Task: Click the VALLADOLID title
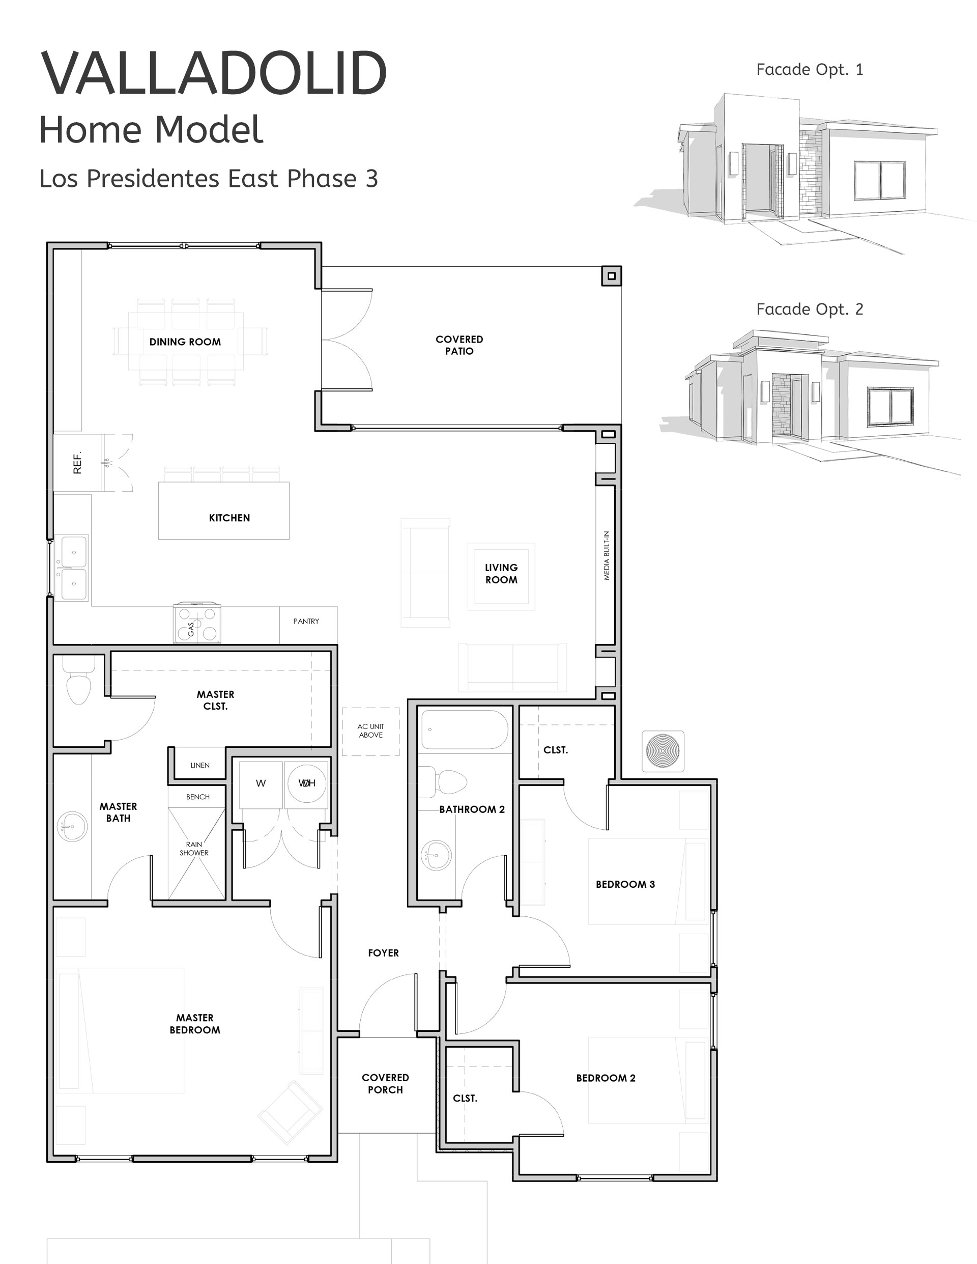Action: pos(213,73)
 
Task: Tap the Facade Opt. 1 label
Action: pos(809,69)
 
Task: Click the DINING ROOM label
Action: pos(185,342)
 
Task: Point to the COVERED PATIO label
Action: pos(459,345)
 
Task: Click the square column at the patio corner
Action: pos(612,276)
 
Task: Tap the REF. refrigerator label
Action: pos(77,462)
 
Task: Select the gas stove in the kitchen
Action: pos(197,623)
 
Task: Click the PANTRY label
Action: pos(306,621)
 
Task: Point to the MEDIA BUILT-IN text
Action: pos(606,555)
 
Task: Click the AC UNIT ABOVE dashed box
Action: pos(371,731)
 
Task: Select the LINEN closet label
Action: pos(200,765)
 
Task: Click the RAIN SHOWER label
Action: pos(194,849)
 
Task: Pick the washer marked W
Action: pos(261,783)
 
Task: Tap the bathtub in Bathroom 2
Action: pos(465,731)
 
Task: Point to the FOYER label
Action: pos(384,953)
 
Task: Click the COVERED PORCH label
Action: pos(385,1083)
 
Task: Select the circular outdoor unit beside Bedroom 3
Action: pos(663,751)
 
